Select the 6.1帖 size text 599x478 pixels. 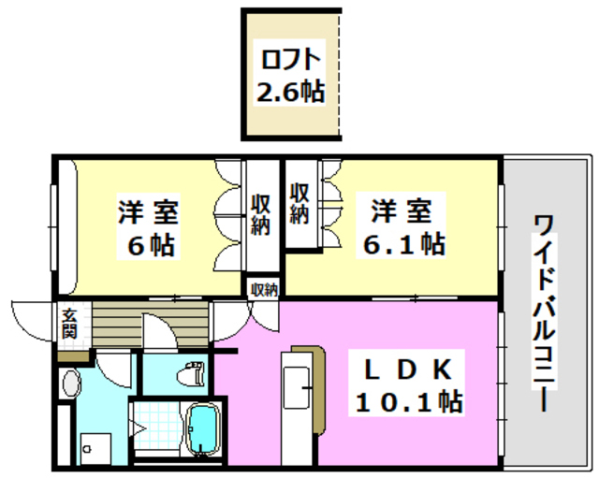pyautogui.click(x=404, y=245)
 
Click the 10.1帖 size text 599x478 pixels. pyautogui.click(x=409, y=403)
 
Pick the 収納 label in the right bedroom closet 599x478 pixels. pyautogui.click(x=299, y=202)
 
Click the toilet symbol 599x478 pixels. pyautogui.click(x=192, y=374)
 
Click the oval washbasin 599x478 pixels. pyautogui.click(x=71, y=384)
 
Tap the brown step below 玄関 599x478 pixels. pyautogui.click(x=71, y=355)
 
